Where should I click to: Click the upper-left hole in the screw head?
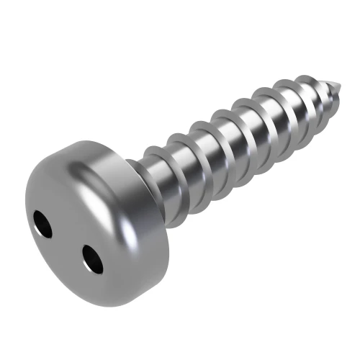44,225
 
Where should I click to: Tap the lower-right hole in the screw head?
91,258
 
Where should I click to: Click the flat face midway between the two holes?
68,241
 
